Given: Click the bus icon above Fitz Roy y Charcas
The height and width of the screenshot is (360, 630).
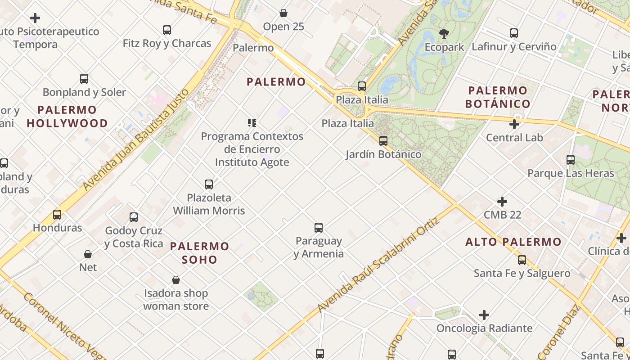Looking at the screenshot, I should pyautogui.click(x=167, y=30).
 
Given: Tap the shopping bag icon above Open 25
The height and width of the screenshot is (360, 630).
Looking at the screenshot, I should pyautogui.click(x=283, y=13).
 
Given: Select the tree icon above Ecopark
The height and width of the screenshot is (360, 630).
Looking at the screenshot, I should pyautogui.click(x=444, y=33).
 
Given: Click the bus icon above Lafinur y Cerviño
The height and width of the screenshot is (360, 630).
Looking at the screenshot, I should pyautogui.click(x=514, y=33).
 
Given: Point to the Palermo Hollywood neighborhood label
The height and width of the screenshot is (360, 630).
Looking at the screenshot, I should pyautogui.click(x=67, y=117).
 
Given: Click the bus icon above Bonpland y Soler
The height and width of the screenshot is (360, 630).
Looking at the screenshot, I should pyautogui.click(x=84, y=79).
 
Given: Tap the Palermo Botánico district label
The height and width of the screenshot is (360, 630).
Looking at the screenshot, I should pyautogui.click(x=498, y=97).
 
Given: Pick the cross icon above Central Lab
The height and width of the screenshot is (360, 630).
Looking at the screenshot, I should pyautogui.click(x=514, y=124).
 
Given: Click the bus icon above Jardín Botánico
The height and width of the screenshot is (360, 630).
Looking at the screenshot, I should pyautogui.click(x=383, y=141).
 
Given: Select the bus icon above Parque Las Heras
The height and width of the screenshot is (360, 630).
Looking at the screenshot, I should pyautogui.click(x=571, y=160).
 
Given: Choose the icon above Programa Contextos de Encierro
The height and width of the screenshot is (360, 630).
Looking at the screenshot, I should pyautogui.click(x=252, y=122).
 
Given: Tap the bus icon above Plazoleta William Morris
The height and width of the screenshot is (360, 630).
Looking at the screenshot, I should pyautogui.click(x=209, y=184).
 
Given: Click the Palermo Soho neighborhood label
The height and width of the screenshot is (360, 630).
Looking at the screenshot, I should pyautogui.click(x=200, y=253).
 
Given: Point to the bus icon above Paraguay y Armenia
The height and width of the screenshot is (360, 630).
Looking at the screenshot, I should pyautogui.click(x=319, y=228).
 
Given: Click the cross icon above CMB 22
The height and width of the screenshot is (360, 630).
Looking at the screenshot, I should pyautogui.click(x=502, y=202).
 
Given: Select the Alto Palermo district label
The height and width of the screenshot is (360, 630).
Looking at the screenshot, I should pyautogui.click(x=513, y=242).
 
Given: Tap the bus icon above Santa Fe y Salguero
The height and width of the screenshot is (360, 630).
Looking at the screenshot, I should pyautogui.click(x=522, y=260).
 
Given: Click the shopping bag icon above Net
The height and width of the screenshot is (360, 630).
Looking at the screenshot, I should pyautogui.click(x=88, y=254).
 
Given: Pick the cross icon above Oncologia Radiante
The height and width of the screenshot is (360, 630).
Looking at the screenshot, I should pyautogui.click(x=484, y=315).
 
